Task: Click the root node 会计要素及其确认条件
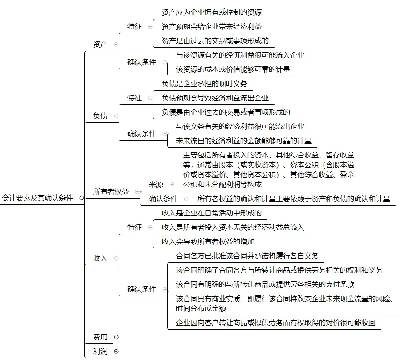pos(37,198)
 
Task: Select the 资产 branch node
pos(100,44)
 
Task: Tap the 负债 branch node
pos(100,116)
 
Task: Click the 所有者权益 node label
pos(111,191)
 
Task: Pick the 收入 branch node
pos(100,258)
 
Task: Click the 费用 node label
pos(100,337)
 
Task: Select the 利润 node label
pos(100,351)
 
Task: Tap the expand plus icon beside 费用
pos(116,337)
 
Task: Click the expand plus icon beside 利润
pos(116,351)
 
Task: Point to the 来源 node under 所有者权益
pos(156,184)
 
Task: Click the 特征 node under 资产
pos(135,26)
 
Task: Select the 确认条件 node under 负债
pos(142,133)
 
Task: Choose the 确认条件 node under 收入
pos(142,289)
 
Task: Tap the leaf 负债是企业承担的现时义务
pos(204,83)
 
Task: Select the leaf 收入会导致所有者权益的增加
pos(208,241)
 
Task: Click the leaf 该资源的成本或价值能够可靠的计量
pos(233,69)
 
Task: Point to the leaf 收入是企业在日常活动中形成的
pos(212,213)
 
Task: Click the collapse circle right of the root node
pos(81,198)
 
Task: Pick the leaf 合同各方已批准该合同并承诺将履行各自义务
pos(247,256)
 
